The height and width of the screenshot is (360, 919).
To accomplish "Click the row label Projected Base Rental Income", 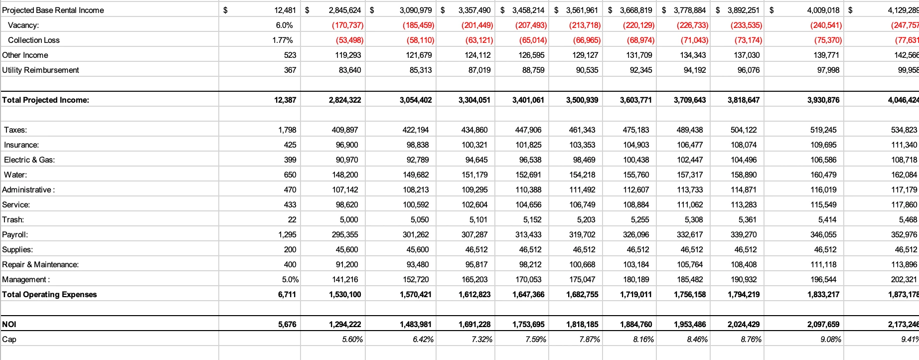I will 53,10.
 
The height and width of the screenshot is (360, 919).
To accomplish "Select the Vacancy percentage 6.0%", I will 284,25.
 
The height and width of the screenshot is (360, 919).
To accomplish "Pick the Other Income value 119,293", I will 348,55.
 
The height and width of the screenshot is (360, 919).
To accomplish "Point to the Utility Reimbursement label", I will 40,70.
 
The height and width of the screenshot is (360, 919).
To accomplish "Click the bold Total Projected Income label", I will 45,100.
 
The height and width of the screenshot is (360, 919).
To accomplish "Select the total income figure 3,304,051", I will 474,100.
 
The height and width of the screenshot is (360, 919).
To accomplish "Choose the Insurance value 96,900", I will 346,145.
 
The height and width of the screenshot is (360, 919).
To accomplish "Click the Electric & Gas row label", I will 29,160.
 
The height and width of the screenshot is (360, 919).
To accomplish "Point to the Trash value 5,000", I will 349,219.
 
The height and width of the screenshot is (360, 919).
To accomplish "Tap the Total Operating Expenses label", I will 49,294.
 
